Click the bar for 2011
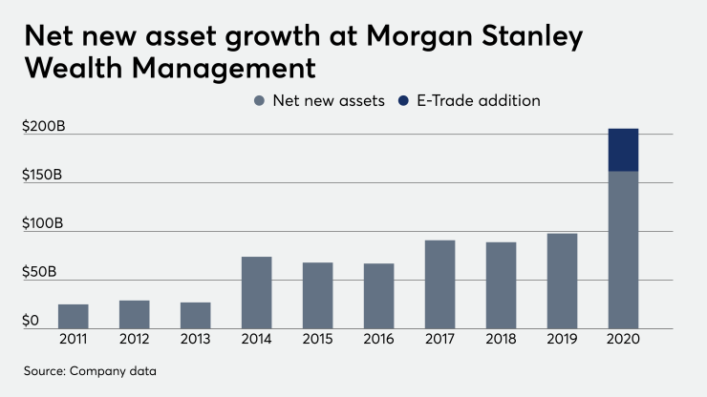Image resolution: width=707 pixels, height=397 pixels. (73, 316)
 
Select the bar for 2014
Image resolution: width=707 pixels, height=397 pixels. (256, 292)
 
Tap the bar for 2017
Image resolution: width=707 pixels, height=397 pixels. (439, 283)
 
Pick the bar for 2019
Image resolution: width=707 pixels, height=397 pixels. (562, 281)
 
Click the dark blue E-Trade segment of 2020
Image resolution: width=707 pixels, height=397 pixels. (623, 150)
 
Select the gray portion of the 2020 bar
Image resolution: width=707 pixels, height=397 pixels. (623, 250)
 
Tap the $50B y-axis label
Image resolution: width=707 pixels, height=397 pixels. (38, 272)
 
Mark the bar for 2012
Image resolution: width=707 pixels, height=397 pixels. (134, 314)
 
